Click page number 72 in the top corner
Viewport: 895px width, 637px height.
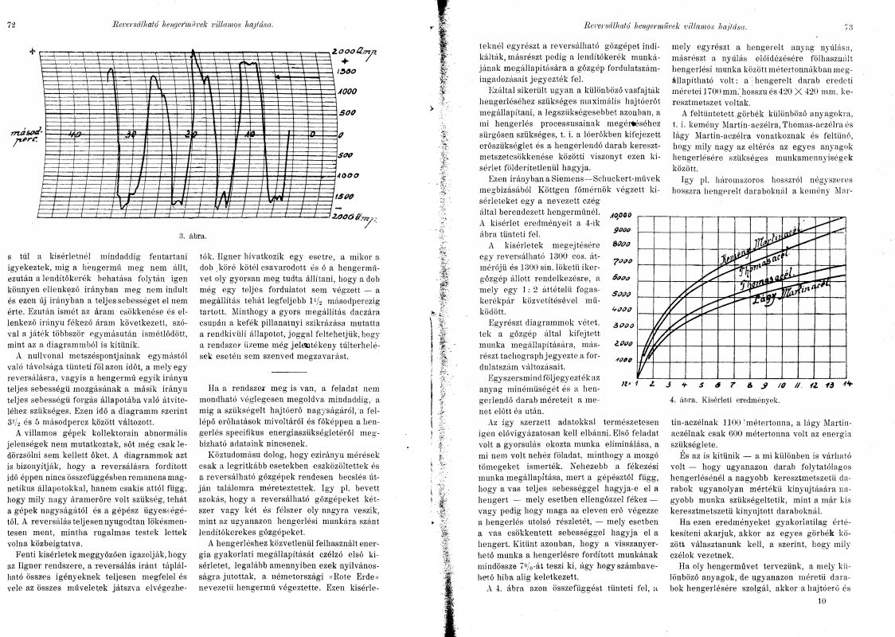[x=11, y=25]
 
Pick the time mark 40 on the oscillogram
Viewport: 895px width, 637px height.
[x=76, y=135]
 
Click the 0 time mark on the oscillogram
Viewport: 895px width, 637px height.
[x=312, y=133]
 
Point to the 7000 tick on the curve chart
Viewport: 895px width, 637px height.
[x=622, y=261]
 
